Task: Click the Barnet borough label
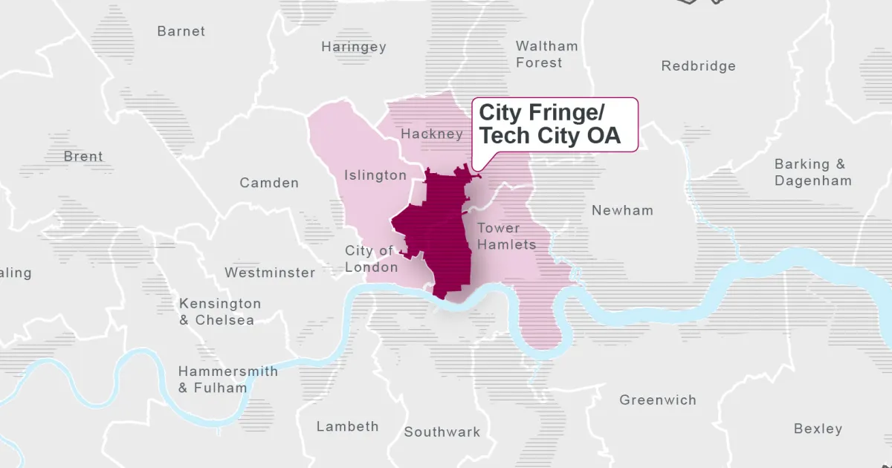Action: pos(181,31)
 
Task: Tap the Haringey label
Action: pos(354,47)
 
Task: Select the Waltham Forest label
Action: pos(546,54)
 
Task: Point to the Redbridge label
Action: pos(698,66)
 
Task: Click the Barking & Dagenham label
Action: pos(812,172)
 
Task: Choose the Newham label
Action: pos(622,210)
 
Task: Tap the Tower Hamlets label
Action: pos(506,236)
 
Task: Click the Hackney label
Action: pos(431,134)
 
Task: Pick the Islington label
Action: pos(375,175)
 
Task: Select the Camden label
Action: pos(269,183)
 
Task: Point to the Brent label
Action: pos(83,157)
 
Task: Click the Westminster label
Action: pos(270,273)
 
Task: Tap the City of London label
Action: pos(371,259)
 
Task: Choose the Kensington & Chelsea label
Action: pos(220,312)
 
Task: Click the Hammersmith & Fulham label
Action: pos(227,380)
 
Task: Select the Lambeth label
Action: pos(347,426)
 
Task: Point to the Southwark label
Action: pos(442,432)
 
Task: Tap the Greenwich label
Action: pos(658,400)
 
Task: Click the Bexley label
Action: pos(818,429)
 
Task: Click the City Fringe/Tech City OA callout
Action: pos(555,125)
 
